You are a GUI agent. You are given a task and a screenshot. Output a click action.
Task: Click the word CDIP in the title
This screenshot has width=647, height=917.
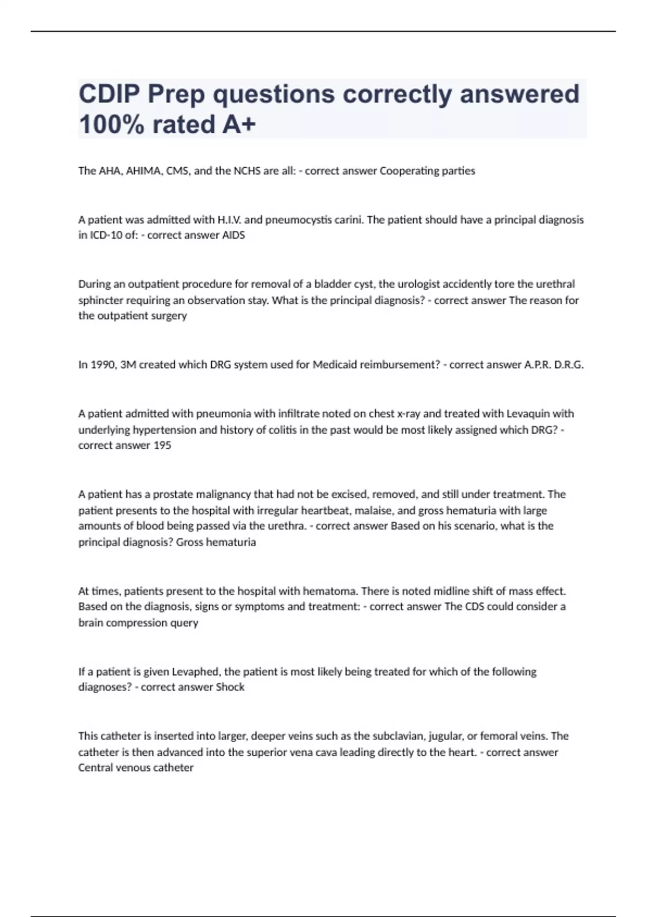(109, 94)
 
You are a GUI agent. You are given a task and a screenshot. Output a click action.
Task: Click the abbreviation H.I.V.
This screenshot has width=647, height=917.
(230, 220)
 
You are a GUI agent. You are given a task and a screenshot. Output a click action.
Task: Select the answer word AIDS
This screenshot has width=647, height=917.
(233, 235)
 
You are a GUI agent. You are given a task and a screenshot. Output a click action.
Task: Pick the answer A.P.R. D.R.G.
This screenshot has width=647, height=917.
(554, 365)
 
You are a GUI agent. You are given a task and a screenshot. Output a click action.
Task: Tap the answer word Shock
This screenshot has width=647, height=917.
(230, 687)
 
